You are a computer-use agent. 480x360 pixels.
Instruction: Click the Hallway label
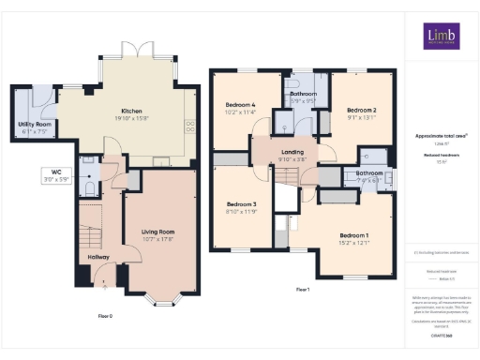point(98,257)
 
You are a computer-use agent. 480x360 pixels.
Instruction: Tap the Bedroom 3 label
point(241,207)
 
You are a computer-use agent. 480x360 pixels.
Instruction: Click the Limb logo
point(440,37)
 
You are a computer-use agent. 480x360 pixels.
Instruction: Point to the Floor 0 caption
point(105,316)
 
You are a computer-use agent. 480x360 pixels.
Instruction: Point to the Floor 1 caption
point(303,290)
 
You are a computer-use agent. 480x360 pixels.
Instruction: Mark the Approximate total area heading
point(441,135)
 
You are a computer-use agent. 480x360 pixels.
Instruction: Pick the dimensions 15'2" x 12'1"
point(353,243)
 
